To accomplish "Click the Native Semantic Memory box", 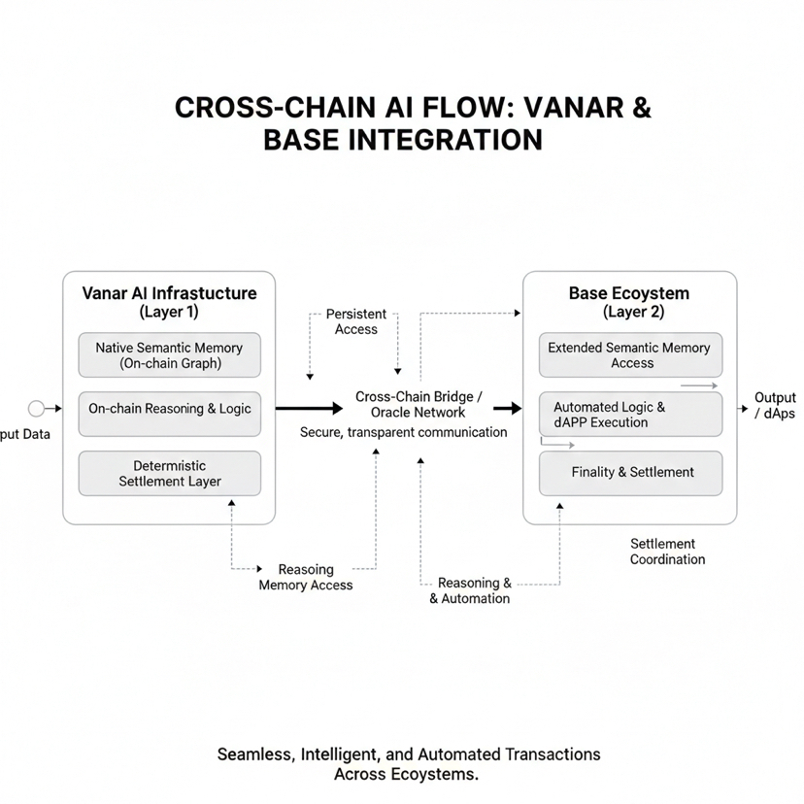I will pyautogui.click(x=169, y=355).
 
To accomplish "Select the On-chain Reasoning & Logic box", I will pyautogui.click(x=169, y=409).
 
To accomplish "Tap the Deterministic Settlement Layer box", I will pyautogui.click(x=169, y=473).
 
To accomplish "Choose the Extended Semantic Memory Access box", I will pyautogui.click(x=631, y=355).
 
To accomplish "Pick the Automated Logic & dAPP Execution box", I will pyautogui.click(x=631, y=415).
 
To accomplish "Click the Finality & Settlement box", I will pyautogui.click(x=631, y=473).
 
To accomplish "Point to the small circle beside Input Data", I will pyautogui.click(x=37, y=409).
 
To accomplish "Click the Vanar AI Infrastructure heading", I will pyautogui.click(x=169, y=293).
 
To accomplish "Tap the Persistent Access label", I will pyautogui.click(x=355, y=321).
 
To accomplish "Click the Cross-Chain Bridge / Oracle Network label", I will pyautogui.click(x=419, y=404).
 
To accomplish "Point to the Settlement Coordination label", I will pyautogui.click(x=667, y=552).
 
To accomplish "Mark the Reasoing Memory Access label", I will pyautogui.click(x=306, y=577).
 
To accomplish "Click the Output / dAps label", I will pyautogui.click(x=774, y=406).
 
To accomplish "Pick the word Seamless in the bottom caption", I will pyautogui.click(x=257, y=754).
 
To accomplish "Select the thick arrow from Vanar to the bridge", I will pyautogui.click(x=311, y=409).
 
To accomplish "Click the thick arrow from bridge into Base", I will pyautogui.click(x=507, y=409).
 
